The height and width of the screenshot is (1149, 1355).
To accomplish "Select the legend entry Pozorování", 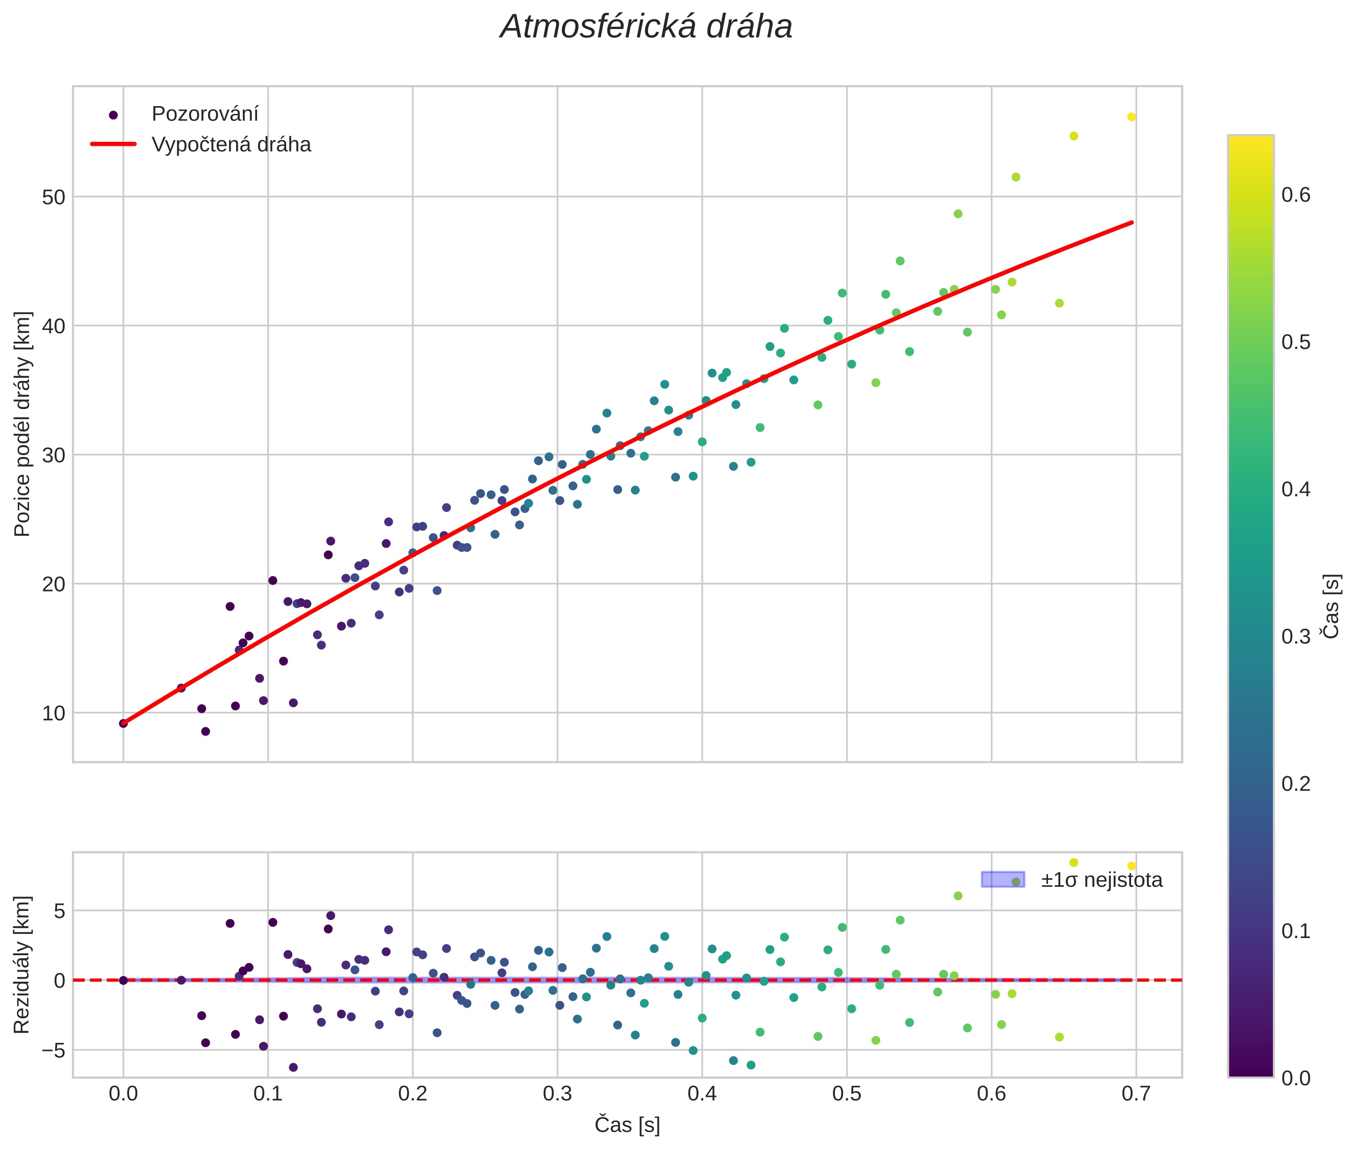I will click(x=204, y=114).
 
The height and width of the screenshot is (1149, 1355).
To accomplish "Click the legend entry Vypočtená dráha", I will click(x=231, y=145).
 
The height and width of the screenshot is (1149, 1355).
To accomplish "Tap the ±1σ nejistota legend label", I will click(x=1101, y=880).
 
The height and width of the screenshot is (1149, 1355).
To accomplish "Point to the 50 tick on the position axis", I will click(x=54, y=197).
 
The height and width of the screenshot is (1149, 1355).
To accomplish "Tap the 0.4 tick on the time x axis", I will click(x=702, y=1093).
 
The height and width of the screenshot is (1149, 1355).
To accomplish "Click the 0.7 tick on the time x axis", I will click(x=1136, y=1093).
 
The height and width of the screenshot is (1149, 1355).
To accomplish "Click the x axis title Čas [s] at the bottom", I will click(x=627, y=1125).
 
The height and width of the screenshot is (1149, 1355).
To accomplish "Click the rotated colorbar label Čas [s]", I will click(x=1332, y=606).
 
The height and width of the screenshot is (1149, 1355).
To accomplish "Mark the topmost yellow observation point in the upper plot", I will click(x=1132, y=117).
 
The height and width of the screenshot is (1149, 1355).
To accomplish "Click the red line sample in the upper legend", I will click(x=113, y=144).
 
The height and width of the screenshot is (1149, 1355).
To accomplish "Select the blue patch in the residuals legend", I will click(x=1003, y=879).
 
